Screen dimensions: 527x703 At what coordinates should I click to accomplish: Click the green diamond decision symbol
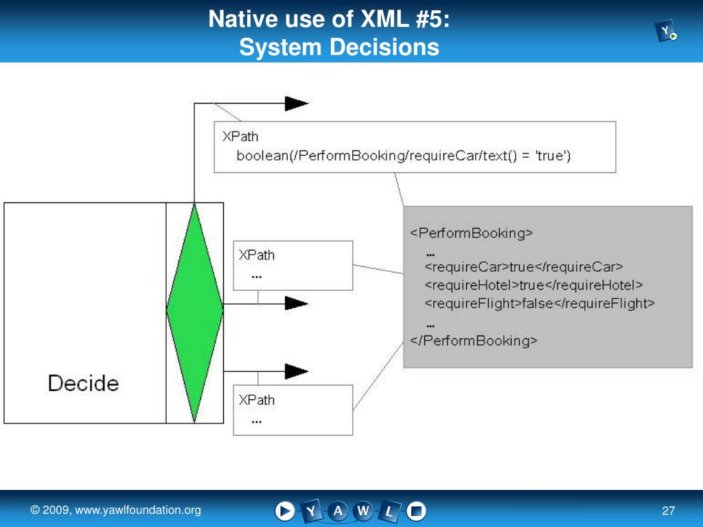[195, 312]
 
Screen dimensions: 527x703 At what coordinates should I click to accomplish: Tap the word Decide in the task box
[83, 383]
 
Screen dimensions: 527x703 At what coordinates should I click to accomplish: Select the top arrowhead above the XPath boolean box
[297, 104]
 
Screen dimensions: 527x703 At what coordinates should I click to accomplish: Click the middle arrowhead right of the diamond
[297, 303]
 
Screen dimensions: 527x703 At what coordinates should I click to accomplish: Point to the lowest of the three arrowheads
[297, 372]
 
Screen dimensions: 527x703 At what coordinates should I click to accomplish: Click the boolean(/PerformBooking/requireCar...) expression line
[404, 156]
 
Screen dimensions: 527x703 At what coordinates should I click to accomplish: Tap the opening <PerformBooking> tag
[472, 233]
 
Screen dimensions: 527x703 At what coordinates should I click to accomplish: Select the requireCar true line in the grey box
[524, 267]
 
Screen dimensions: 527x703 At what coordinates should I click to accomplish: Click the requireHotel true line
[534, 285]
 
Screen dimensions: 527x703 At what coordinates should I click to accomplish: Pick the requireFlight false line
[540, 303]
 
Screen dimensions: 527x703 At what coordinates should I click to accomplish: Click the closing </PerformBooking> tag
[474, 340]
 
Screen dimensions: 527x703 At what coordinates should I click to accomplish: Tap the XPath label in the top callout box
[240, 136]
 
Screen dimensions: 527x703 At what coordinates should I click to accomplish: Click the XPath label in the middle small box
[257, 255]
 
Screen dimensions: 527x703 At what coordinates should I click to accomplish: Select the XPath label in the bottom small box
[257, 399]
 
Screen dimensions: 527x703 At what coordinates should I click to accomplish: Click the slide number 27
[668, 511]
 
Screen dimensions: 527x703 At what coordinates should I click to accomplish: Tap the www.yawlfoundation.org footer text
[138, 510]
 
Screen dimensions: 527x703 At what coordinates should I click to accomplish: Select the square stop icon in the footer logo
[416, 511]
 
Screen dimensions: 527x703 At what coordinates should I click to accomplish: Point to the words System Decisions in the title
[339, 47]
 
